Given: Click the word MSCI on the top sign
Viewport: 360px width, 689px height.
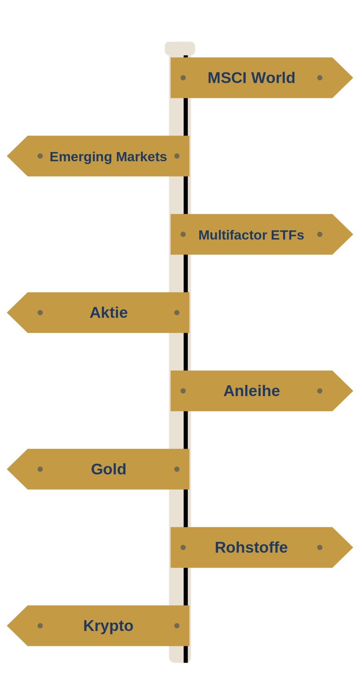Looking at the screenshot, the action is click(x=225, y=78).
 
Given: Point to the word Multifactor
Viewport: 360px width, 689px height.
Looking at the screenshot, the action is click(x=233, y=235).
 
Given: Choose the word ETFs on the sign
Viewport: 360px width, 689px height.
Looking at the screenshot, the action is click(x=288, y=235).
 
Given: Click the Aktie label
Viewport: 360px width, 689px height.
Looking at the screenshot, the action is click(x=109, y=312).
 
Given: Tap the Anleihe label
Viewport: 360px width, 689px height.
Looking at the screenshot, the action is click(x=252, y=391).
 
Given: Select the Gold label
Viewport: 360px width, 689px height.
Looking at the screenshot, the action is click(x=109, y=469).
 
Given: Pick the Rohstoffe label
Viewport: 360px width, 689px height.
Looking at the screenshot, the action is click(x=251, y=547).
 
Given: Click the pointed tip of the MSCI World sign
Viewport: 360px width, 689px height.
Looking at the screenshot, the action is click(x=353, y=78).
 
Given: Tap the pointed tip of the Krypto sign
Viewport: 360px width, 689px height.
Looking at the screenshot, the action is click(x=7, y=626).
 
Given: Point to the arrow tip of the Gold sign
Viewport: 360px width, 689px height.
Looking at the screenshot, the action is click(x=7, y=469).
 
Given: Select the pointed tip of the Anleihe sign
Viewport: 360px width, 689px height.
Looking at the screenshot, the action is click(x=353, y=391).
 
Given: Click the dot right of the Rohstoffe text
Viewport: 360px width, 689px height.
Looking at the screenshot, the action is click(x=320, y=547).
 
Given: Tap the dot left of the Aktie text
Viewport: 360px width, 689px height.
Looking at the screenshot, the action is click(x=40, y=312).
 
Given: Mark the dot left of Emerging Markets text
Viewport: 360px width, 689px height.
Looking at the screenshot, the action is click(x=40, y=156).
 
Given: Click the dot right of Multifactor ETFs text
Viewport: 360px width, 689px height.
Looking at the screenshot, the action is click(x=320, y=234).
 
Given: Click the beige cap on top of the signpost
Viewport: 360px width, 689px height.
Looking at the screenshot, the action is click(x=180, y=48).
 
